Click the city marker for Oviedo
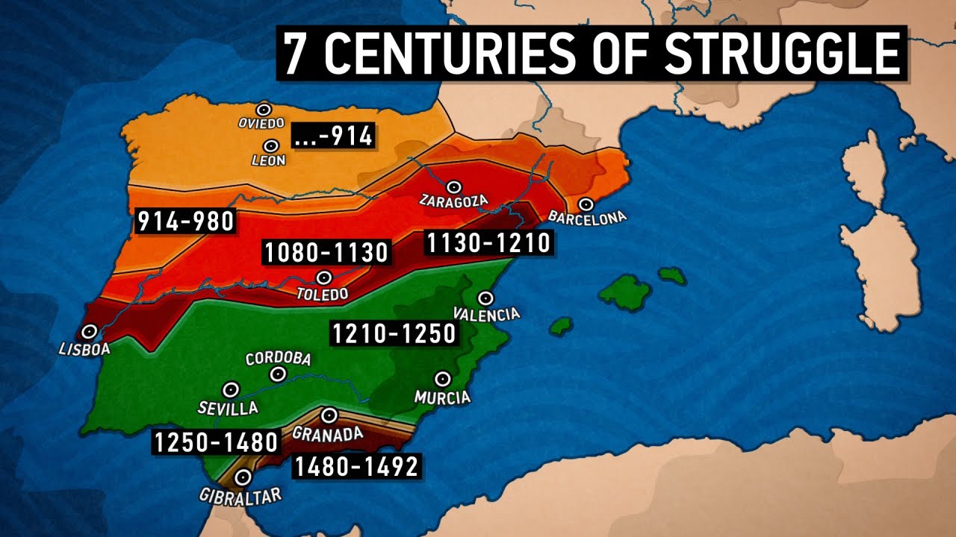coord(263,110)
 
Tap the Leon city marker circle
coord(270,146)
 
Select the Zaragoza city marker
coord(453,186)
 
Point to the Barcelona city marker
coord(586,204)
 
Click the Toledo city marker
coord(323,277)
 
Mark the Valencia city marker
coord(486,298)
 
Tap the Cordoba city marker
coord(279,374)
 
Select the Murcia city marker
coord(442,379)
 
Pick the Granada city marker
coord(329,415)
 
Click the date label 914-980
coord(185,222)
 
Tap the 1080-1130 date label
coord(326,252)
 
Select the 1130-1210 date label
coord(488,242)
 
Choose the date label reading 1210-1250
coord(394,333)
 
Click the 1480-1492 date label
coord(356,466)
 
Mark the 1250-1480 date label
coord(216,442)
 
